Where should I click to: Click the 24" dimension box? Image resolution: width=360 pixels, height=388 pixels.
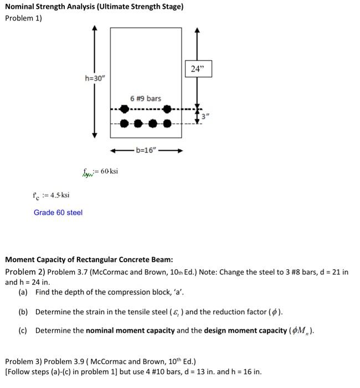pos(198,69)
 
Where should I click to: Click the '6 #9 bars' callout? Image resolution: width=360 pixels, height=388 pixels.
pos(146,99)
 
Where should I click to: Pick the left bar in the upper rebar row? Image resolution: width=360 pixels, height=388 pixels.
pos(124,109)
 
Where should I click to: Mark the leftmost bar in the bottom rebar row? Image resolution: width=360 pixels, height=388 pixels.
pos(124,123)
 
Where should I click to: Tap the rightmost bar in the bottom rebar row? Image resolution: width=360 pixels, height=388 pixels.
pos(167,123)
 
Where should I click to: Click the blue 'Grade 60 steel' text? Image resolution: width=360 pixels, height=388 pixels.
pos(58,212)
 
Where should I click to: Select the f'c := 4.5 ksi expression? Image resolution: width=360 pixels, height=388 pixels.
pos(50,195)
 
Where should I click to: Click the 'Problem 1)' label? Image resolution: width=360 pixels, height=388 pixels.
pos(23,18)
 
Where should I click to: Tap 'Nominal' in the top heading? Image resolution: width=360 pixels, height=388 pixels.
pos(21,7)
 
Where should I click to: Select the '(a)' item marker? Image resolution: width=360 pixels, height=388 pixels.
pos(23,292)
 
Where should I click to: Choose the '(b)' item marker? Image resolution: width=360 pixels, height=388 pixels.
pos(23,312)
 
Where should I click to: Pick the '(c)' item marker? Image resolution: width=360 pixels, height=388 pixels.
pos(23,331)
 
